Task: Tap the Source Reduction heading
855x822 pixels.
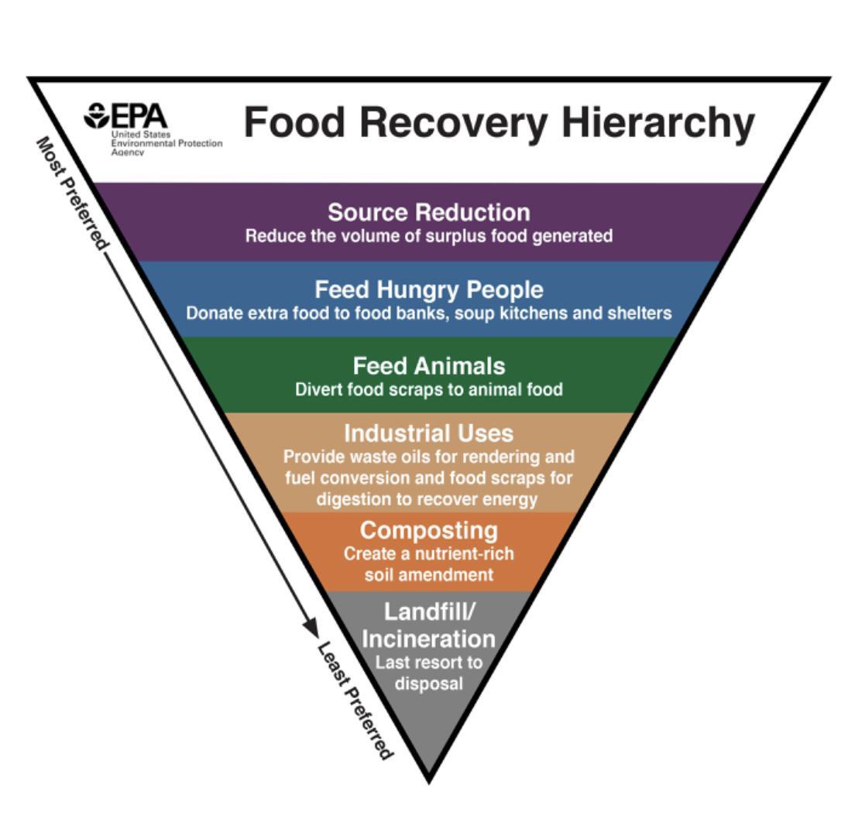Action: tap(428, 212)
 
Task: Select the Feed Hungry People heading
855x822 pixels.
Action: tap(428, 289)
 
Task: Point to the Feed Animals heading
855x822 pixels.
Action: tap(428, 365)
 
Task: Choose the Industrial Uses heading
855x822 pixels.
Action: tap(428, 432)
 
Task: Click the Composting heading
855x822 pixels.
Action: tap(428, 530)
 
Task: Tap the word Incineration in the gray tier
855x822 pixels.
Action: tap(428, 639)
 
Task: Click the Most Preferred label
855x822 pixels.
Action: tap(70, 194)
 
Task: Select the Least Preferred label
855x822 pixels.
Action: tap(355, 700)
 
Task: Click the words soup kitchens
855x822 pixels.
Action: tap(512, 313)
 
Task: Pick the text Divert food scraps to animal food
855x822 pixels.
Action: tap(428, 389)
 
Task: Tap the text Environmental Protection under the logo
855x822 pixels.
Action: tap(167, 143)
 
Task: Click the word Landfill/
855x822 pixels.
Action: tap(428, 611)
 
